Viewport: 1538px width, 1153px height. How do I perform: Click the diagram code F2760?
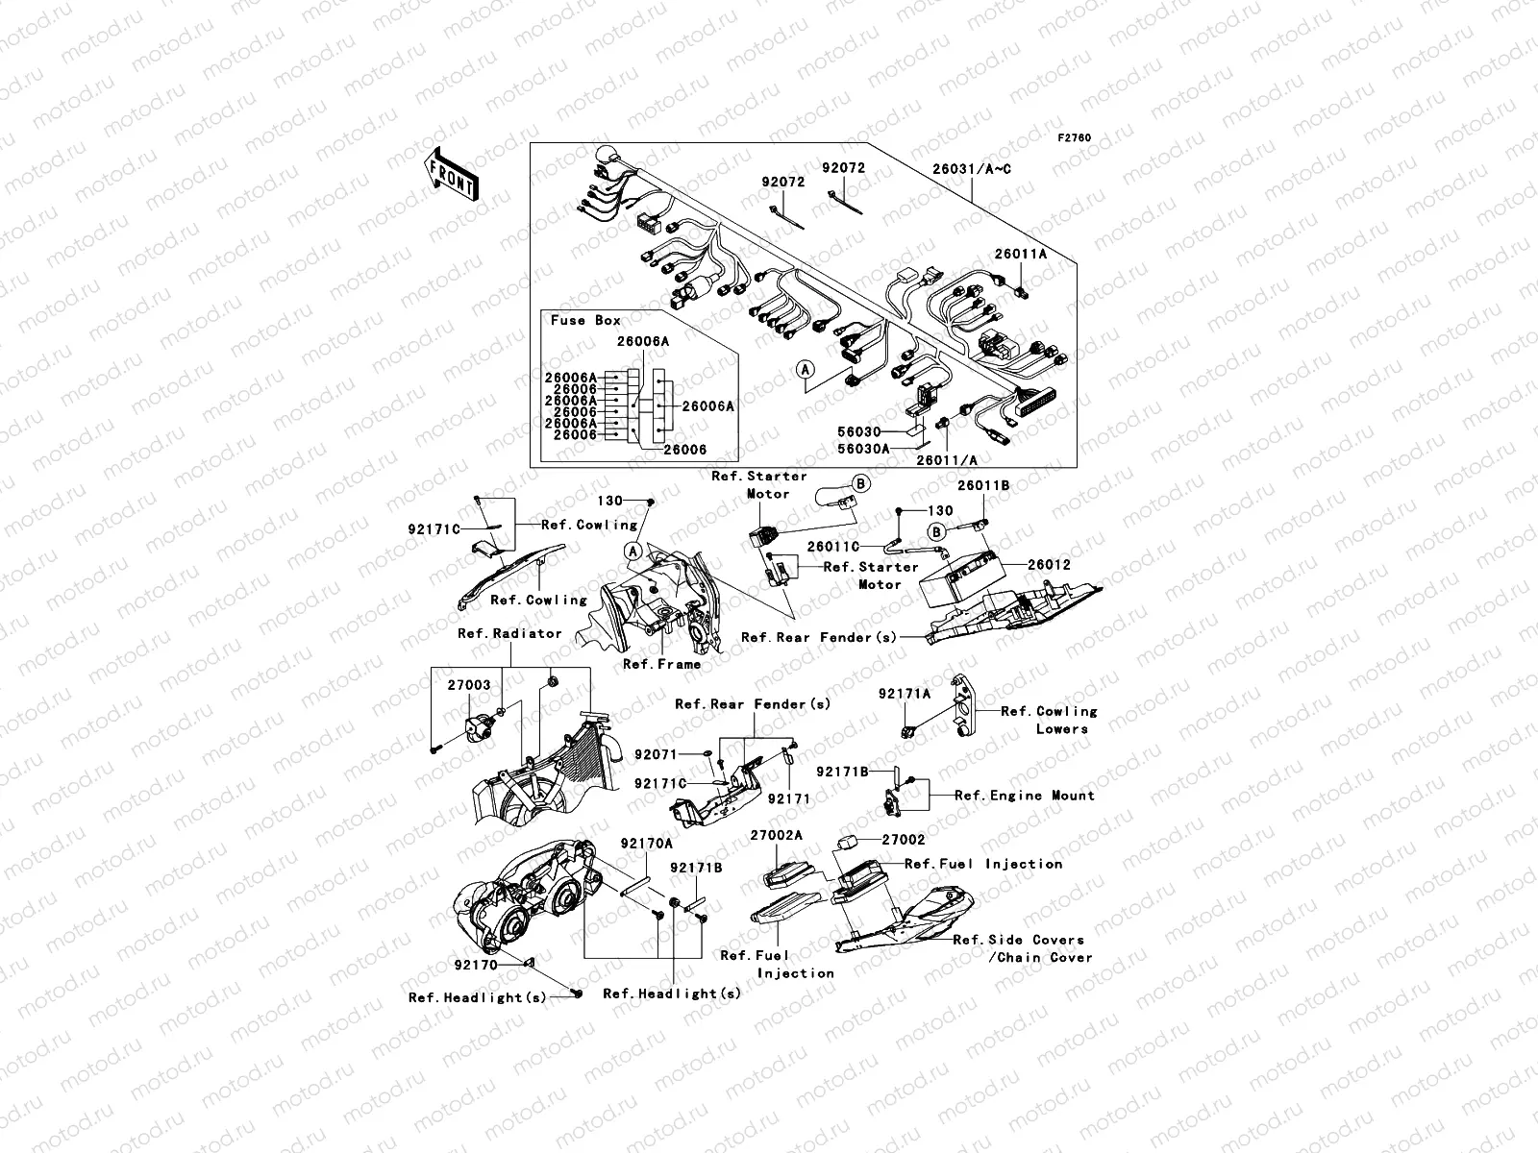coord(1075,138)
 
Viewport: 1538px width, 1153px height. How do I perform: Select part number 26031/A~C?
coord(971,169)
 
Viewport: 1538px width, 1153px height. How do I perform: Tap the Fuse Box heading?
coord(585,320)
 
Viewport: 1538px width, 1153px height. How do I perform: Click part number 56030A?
coord(863,448)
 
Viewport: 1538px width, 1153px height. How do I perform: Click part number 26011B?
coord(982,486)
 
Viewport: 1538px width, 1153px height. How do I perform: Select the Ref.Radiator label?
coord(509,633)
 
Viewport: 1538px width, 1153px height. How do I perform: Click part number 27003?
coord(469,685)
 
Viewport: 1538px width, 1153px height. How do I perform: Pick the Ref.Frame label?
coord(661,664)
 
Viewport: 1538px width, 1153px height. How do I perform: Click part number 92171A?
coord(904,693)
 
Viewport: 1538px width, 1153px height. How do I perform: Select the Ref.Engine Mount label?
coord(1024,796)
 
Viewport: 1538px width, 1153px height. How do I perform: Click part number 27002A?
coord(776,836)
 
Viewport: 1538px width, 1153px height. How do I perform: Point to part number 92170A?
coord(646,843)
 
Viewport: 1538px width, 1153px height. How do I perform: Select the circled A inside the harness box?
coord(805,368)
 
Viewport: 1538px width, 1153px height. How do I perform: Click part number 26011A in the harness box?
coord(1020,255)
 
